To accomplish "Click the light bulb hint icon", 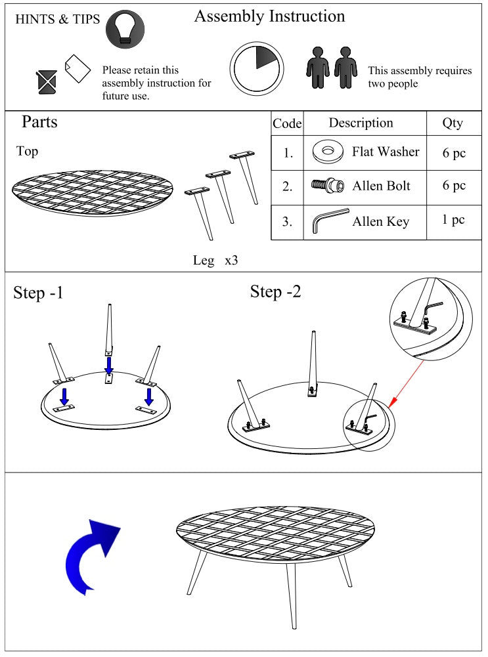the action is coord(125,29).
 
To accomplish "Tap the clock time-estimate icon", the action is coord(257,68).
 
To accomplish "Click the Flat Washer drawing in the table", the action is coord(328,152).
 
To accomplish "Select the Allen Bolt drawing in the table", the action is coord(328,185).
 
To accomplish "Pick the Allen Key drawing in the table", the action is coord(330,221).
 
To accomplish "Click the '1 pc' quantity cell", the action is coord(453,220).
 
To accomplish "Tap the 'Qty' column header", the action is coord(453,123).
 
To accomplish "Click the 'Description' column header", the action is coord(361,123).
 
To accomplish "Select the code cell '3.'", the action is coord(287,221).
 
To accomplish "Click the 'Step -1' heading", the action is coord(38,293).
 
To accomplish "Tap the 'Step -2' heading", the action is coord(275,291).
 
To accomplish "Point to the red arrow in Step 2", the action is coord(406,383).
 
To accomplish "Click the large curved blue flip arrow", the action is coord(93,557).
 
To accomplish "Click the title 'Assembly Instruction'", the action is coord(269,16).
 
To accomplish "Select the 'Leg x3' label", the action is coord(215,260).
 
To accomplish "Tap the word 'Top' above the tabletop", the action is coord(27,151).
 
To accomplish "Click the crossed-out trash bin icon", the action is coord(47,82).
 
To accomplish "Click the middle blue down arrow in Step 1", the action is coord(109,366).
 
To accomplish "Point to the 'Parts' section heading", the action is coord(39,121).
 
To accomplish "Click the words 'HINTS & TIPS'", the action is coord(57,19).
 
